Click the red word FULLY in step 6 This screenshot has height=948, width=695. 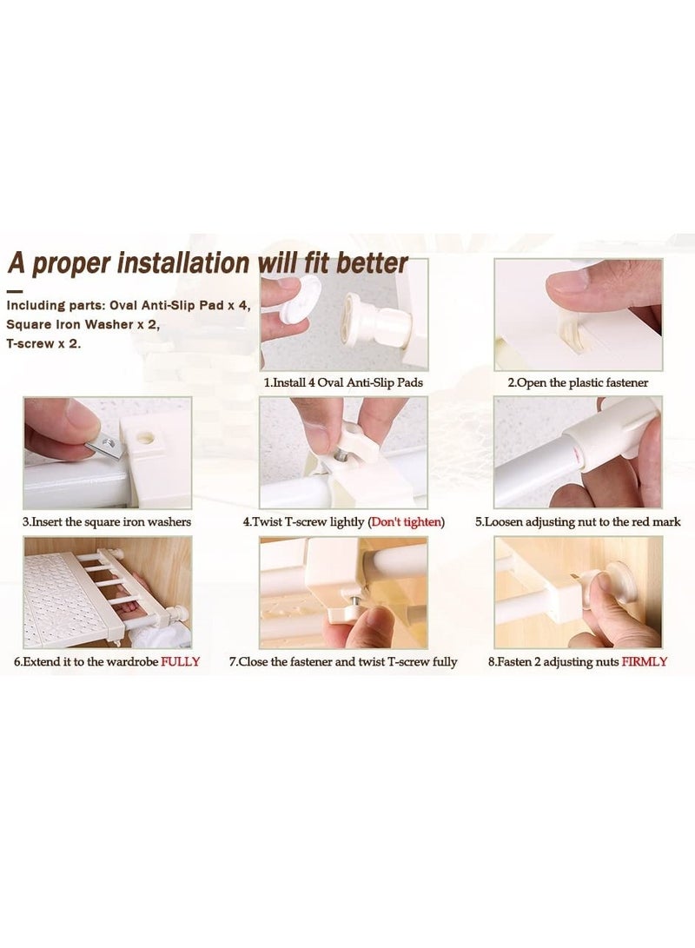point(180,661)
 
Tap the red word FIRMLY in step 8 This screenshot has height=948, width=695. point(645,661)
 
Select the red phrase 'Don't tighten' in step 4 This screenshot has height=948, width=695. point(406,521)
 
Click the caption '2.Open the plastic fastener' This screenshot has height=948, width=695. point(577,382)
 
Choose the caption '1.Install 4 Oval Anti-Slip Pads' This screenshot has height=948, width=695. point(343,382)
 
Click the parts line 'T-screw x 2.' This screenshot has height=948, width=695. point(43,344)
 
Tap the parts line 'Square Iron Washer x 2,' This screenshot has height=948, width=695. point(83,325)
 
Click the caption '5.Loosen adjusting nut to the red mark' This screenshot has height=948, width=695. point(578,521)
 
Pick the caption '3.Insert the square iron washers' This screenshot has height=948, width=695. point(106,521)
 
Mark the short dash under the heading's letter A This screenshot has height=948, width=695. point(15,292)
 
